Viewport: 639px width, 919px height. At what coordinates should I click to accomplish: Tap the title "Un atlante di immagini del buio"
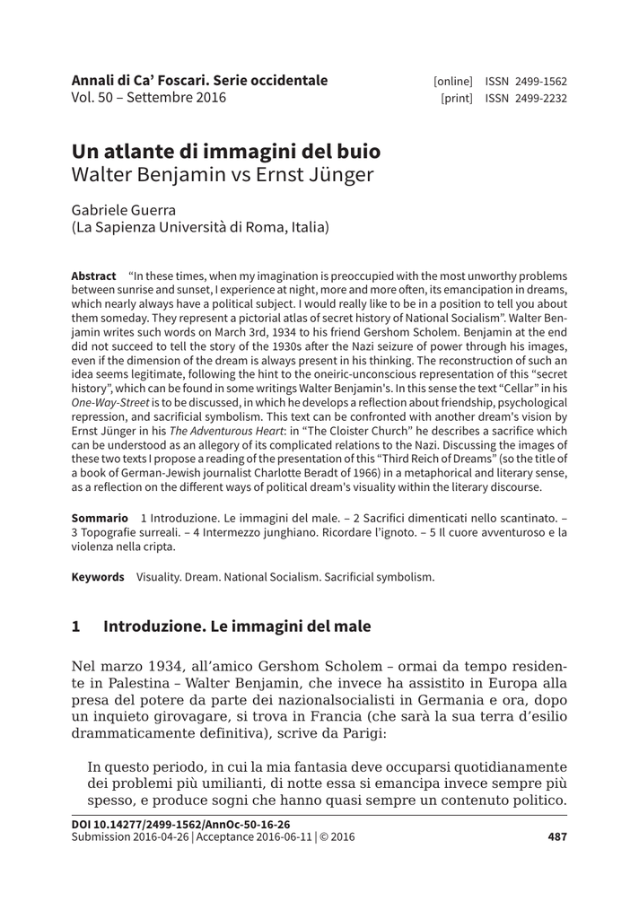[225, 151]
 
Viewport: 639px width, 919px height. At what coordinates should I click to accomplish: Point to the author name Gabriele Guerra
[124, 210]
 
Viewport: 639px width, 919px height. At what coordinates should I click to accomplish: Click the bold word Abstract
[93, 276]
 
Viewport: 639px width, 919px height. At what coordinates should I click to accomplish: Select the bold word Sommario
[99, 519]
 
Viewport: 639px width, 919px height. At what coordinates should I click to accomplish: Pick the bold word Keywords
[98, 577]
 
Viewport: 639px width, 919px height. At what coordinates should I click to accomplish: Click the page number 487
[557, 837]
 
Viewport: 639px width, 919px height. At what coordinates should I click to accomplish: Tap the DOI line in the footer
[180, 824]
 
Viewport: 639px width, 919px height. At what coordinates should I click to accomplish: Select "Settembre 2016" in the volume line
[176, 99]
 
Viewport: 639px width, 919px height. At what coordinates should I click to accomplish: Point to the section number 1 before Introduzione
[76, 626]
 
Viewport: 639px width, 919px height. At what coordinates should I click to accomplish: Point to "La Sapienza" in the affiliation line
[115, 228]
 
